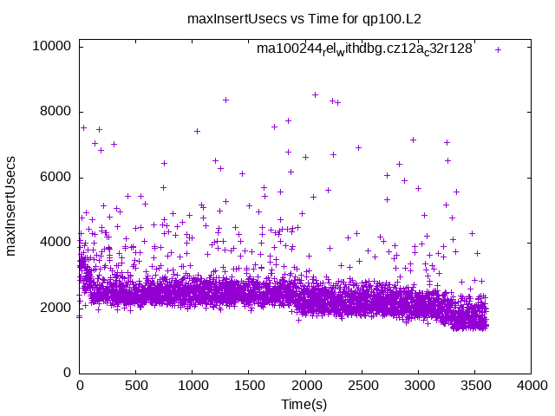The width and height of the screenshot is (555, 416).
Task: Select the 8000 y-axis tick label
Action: coord(55,111)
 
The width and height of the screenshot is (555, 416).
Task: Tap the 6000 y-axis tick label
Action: coord(55,178)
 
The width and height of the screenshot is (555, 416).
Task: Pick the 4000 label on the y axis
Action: coord(55,243)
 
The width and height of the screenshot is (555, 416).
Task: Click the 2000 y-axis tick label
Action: coord(55,308)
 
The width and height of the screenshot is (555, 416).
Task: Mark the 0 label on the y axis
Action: coord(67,374)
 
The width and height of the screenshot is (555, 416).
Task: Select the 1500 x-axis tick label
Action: coord(249,387)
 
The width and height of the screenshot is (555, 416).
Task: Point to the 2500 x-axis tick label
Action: coord(362,387)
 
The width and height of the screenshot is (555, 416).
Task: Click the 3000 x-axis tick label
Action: coord(418,387)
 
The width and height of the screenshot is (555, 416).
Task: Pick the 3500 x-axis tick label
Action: coord(474,387)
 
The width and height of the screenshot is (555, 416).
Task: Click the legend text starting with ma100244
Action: coord(364,49)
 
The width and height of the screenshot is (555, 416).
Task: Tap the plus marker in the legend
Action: coord(498,49)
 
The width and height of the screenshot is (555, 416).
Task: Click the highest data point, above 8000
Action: coord(315,94)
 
